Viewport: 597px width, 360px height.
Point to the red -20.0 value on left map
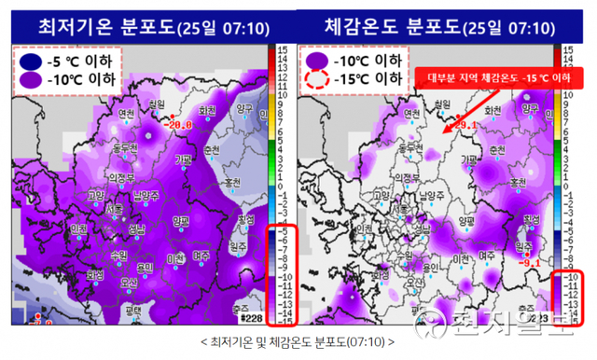(177, 123)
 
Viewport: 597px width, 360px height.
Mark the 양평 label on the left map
(183, 220)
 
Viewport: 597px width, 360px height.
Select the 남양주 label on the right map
(430, 196)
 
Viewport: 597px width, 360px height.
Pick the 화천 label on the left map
(209, 110)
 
